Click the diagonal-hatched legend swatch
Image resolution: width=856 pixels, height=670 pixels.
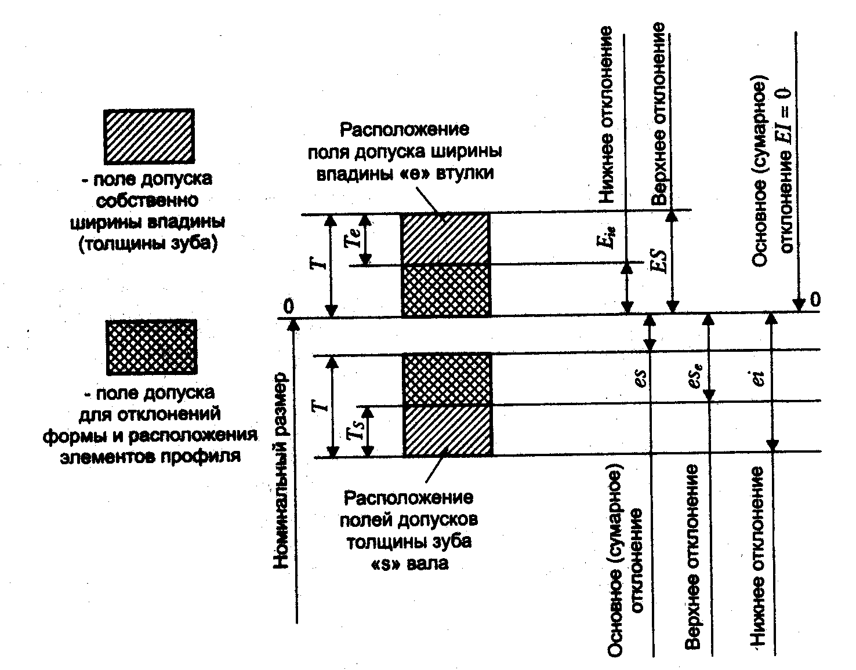[148, 136]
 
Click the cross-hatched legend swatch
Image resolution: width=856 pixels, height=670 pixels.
[151, 347]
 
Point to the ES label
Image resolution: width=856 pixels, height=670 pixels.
[658, 260]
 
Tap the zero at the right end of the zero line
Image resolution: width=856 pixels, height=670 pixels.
[815, 300]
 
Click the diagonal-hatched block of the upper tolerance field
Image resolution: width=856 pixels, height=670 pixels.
[445, 239]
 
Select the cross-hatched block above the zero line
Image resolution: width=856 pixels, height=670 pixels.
[445, 290]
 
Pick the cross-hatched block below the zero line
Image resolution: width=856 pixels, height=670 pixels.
[447, 379]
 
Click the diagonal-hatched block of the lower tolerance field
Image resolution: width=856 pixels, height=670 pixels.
[447, 431]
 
